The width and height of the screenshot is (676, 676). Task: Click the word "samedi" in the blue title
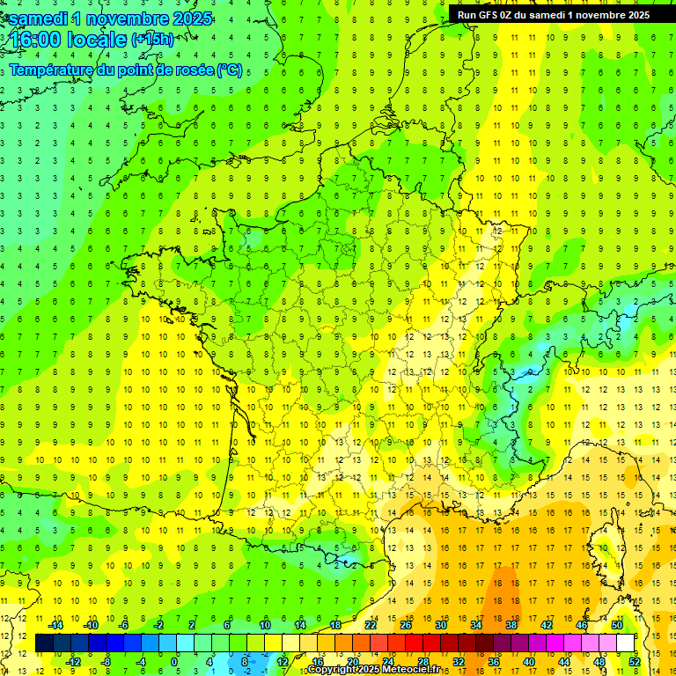click(40, 18)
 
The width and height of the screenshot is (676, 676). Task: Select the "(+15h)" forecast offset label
click(152, 39)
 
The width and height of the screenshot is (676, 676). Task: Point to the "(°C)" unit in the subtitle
click(229, 70)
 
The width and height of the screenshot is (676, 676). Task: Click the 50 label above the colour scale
click(616, 625)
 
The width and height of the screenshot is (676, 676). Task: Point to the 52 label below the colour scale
click(634, 661)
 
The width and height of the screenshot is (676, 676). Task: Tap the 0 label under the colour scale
click(174, 661)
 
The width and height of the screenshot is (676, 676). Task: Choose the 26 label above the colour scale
click(406, 625)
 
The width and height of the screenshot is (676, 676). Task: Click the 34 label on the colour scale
click(476, 625)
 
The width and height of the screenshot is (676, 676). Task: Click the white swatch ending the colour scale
click(626, 643)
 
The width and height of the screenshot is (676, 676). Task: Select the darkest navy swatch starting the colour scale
click(44, 643)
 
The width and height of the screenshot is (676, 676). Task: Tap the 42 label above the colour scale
click(547, 625)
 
